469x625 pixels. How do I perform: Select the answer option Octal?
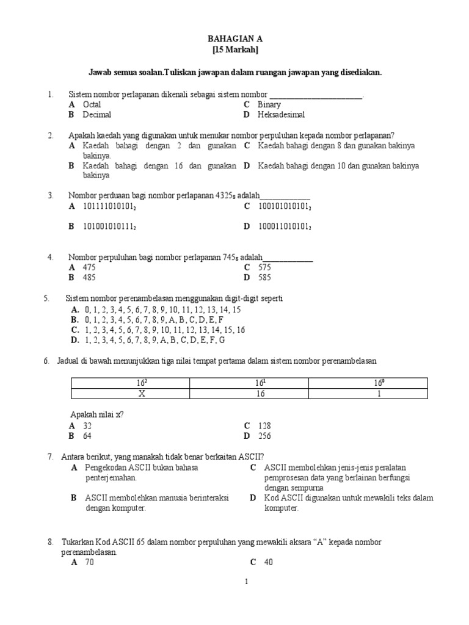pyautogui.click(x=92, y=105)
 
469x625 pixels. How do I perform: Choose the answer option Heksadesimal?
pyautogui.click(x=281, y=115)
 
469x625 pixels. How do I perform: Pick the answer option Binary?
pyautogui.click(x=269, y=105)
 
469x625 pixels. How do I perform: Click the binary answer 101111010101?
pyautogui.click(x=110, y=206)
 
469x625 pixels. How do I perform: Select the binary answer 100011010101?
pyautogui.click(x=285, y=226)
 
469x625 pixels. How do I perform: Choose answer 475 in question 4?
pyautogui.click(x=89, y=267)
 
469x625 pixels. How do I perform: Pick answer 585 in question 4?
pyautogui.click(x=264, y=277)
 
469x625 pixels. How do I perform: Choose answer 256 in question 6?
pyautogui.click(x=264, y=436)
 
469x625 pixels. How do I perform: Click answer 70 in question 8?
pyautogui.click(x=89, y=563)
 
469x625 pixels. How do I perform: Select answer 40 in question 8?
pyautogui.click(x=268, y=563)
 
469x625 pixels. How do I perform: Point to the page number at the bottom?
pyautogui.click(x=246, y=582)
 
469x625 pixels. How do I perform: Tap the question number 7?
pyautogui.click(x=49, y=456)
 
